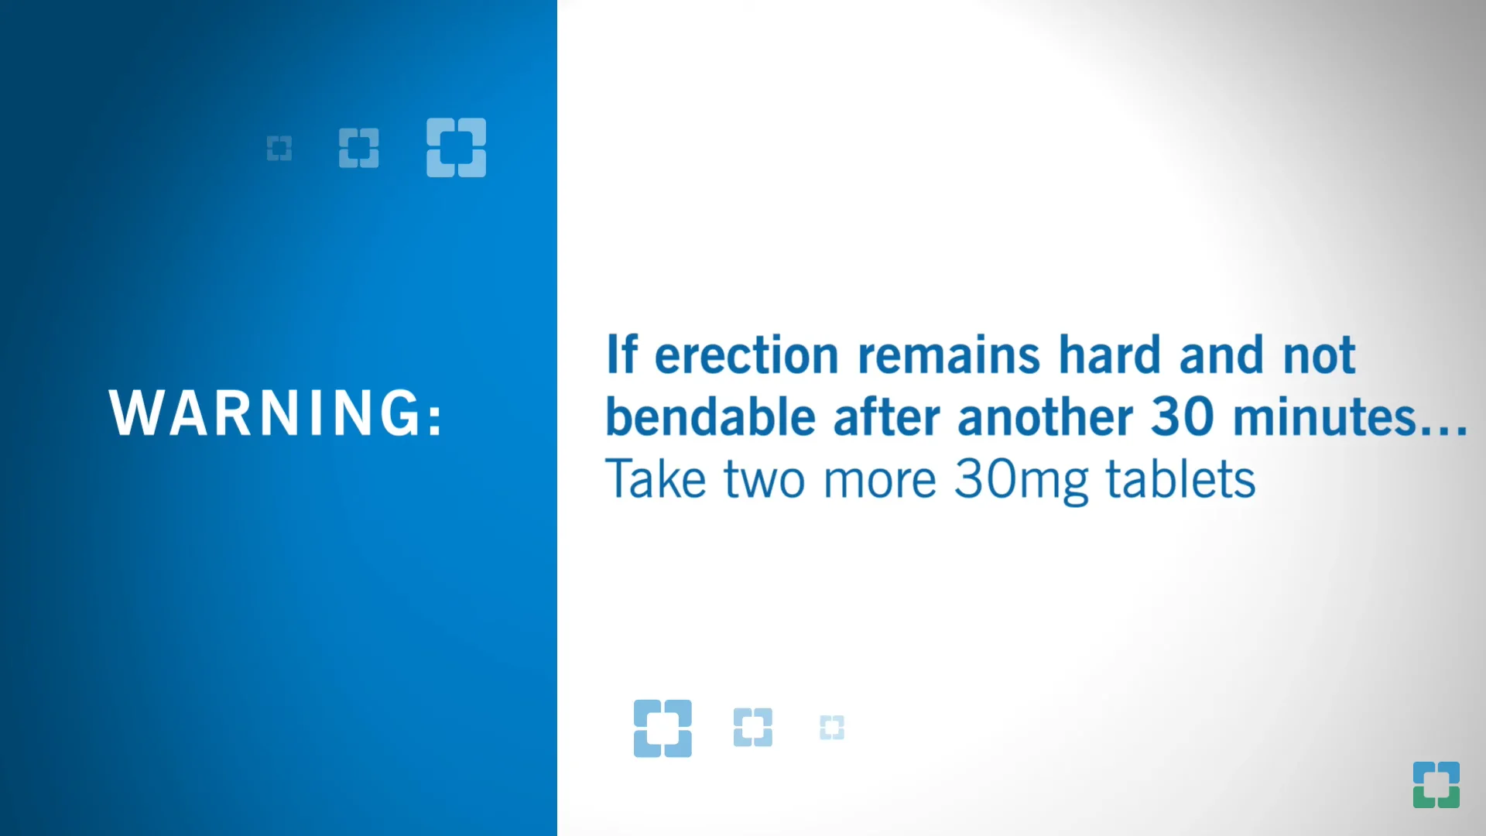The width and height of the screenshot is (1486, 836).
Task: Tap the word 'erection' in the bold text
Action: click(x=746, y=356)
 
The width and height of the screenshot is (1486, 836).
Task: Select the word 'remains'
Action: click(x=949, y=356)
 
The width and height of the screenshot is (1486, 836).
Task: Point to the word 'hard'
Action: click(x=1109, y=356)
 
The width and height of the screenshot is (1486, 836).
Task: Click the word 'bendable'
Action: click(x=710, y=418)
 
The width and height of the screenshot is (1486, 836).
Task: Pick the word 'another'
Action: click(x=1045, y=418)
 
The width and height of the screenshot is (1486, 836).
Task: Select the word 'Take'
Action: click(x=655, y=479)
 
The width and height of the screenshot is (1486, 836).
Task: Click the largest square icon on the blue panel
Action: click(x=457, y=148)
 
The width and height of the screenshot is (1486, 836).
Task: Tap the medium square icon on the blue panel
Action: click(x=359, y=148)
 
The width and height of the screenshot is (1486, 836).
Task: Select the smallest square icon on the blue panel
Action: click(x=279, y=148)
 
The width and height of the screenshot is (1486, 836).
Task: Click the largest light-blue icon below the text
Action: click(x=663, y=728)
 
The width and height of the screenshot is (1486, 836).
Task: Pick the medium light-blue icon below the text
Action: click(x=753, y=728)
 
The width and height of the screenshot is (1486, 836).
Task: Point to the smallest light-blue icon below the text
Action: click(x=832, y=728)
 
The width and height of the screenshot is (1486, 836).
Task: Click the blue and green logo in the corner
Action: click(x=1436, y=785)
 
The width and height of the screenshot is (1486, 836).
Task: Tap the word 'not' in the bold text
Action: click(x=1319, y=356)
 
